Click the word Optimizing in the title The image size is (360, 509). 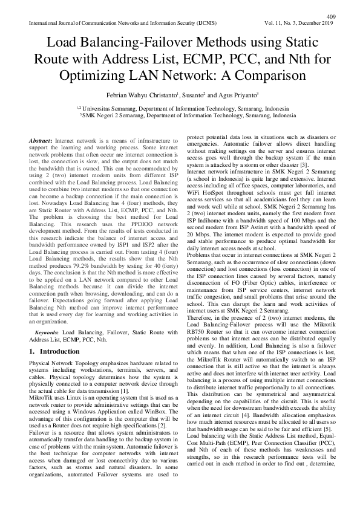(112, 77)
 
